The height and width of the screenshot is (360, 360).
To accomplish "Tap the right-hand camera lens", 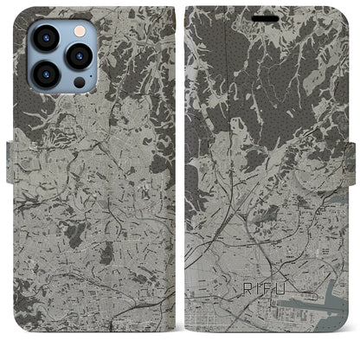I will [79, 56].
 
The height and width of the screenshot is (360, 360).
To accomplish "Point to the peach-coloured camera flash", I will [77, 29].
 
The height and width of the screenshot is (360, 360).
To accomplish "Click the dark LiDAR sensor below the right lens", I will [79, 83].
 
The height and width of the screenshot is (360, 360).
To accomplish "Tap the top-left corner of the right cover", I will [190, 11].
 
